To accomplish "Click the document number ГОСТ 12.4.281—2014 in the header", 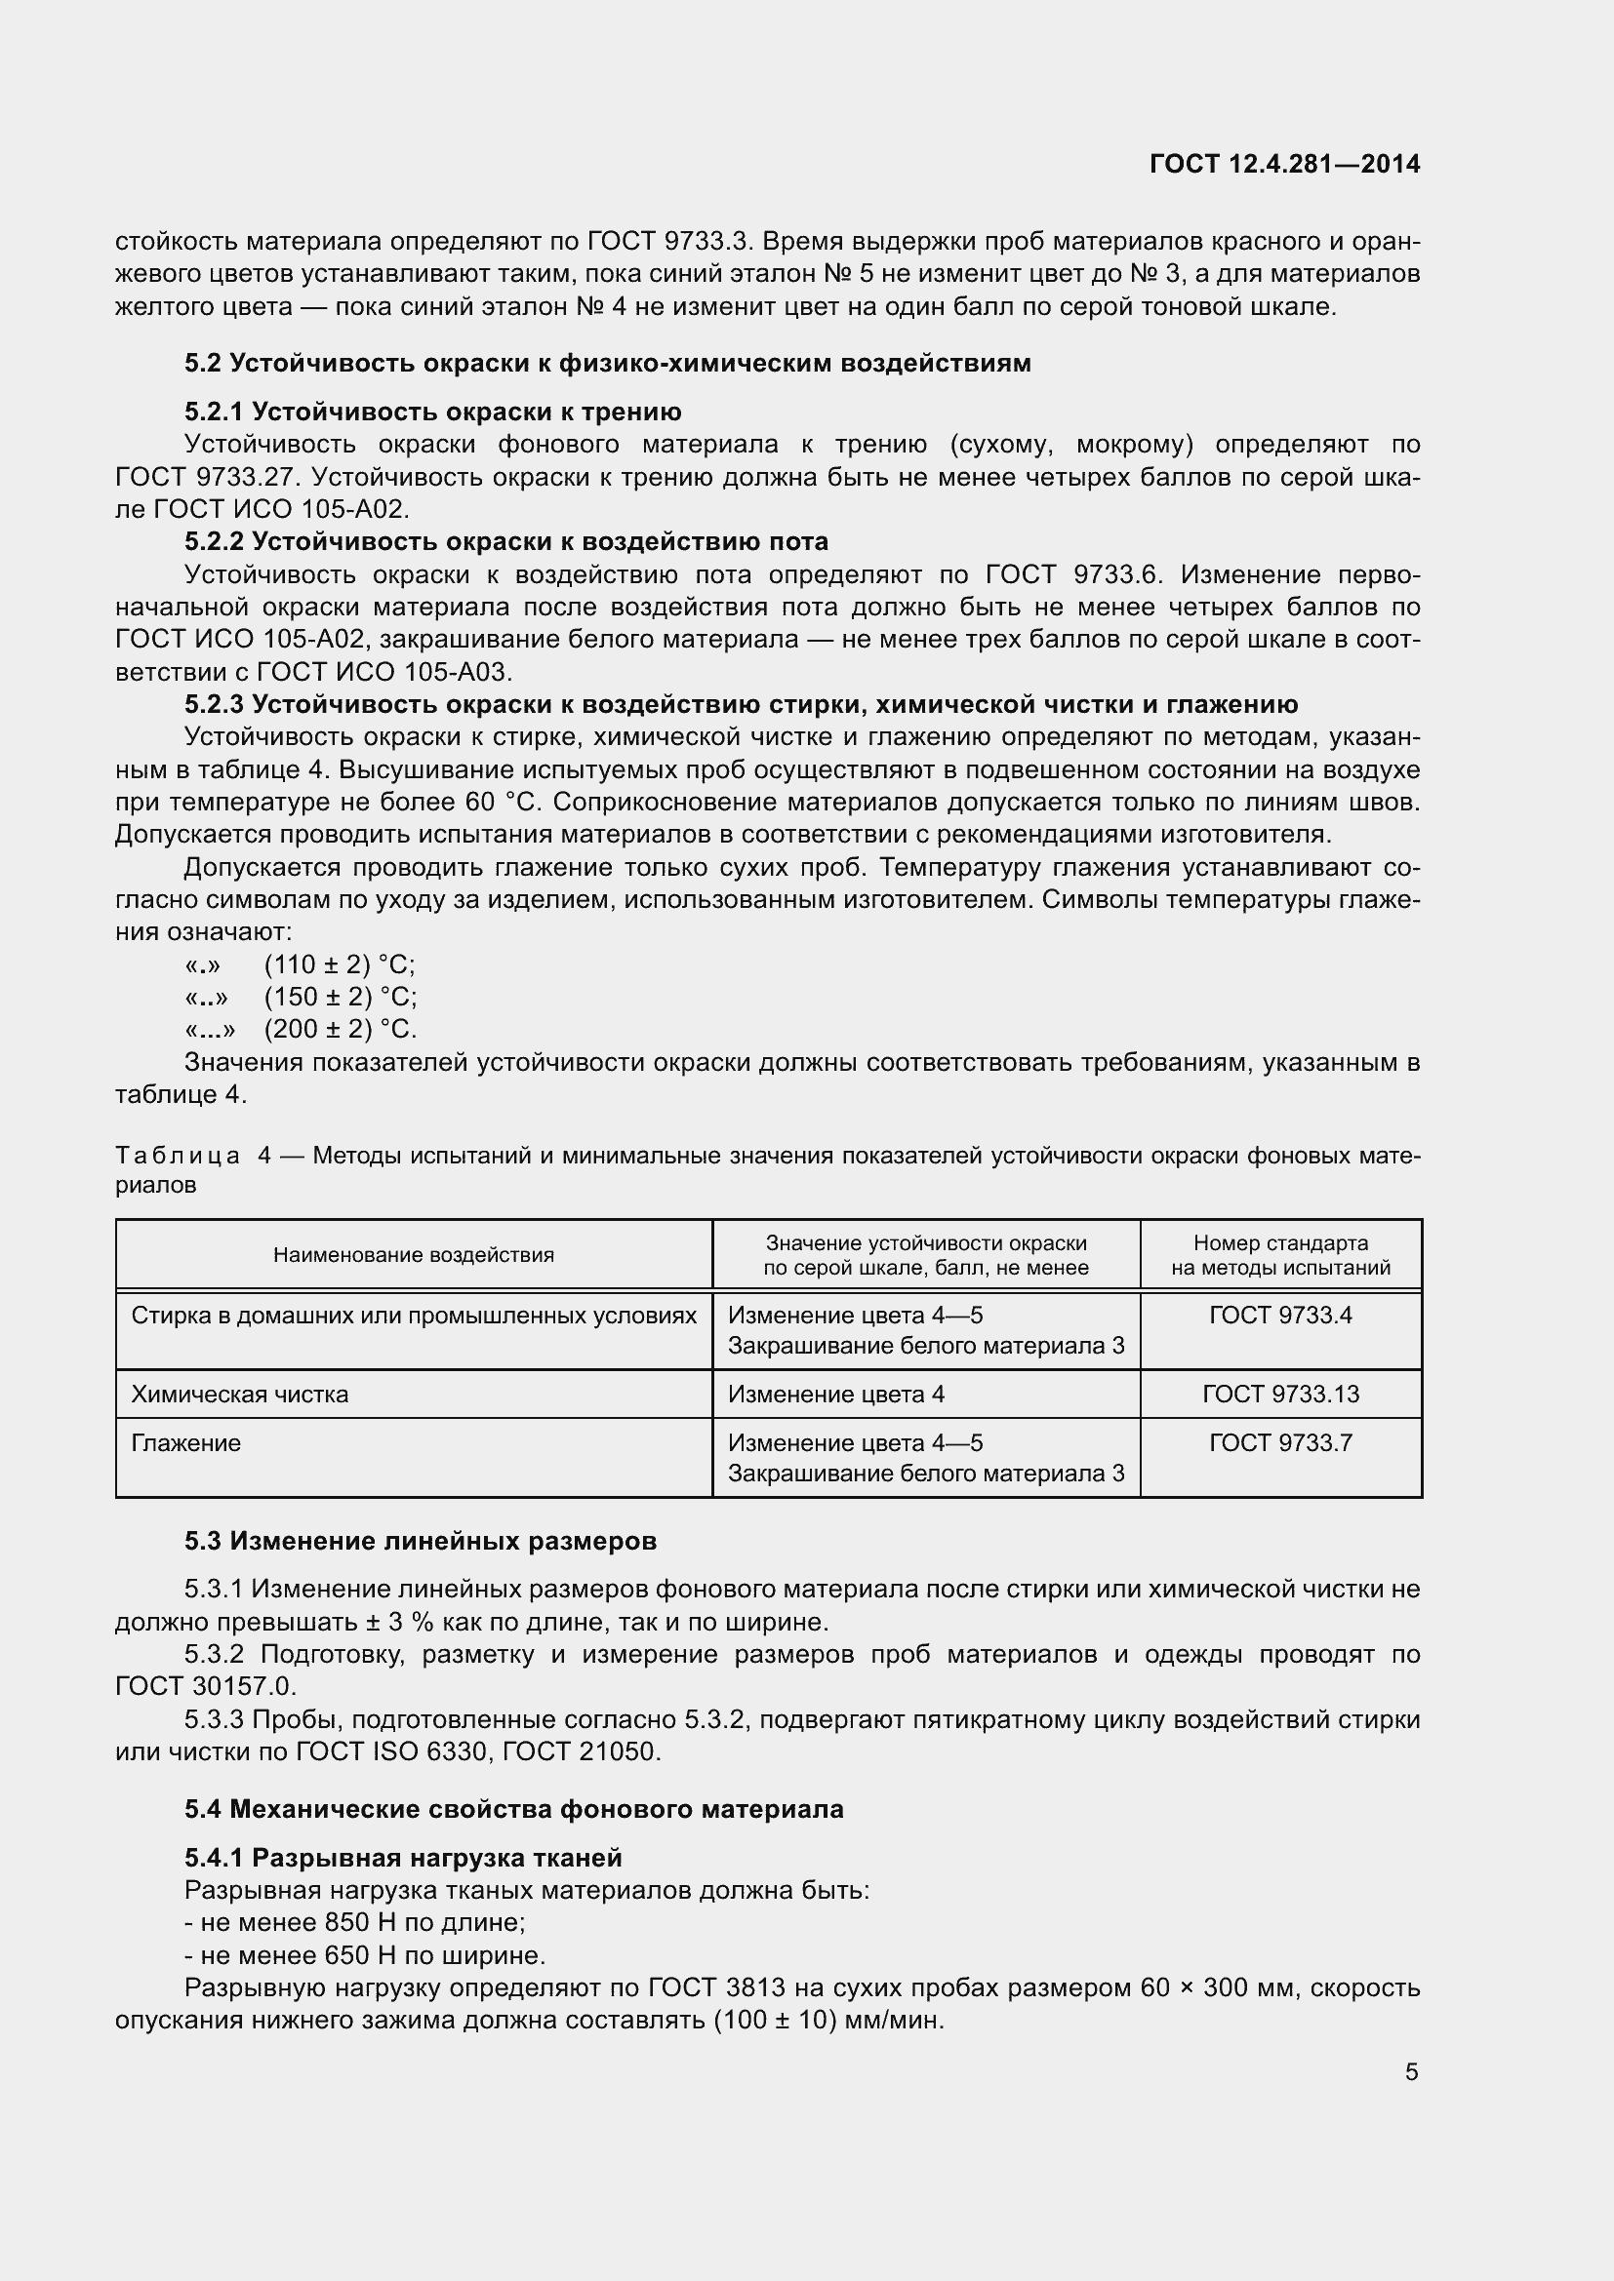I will point(1284,164).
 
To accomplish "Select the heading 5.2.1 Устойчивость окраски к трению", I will point(432,412).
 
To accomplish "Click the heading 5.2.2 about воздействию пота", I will point(505,541).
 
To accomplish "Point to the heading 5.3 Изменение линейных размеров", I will point(421,1541).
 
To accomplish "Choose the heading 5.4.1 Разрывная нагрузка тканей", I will point(404,1858).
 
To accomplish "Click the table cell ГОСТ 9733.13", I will point(1280,1394).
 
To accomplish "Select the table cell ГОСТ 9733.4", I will point(1280,1316).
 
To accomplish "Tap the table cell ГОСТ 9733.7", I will point(1280,1442).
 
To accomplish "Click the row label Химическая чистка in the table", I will point(239,1394).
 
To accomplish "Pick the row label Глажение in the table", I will point(185,1442).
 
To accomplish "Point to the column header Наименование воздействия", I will point(414,1255).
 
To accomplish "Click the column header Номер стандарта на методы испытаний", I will point(1280,1255).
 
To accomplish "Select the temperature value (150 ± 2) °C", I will point(340,997).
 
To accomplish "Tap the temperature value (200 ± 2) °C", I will point(340,1028).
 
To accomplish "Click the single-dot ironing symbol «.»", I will point(202,964).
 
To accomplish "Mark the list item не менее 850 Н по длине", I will point(355,1922).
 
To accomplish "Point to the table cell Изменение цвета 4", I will point(836,1394).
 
